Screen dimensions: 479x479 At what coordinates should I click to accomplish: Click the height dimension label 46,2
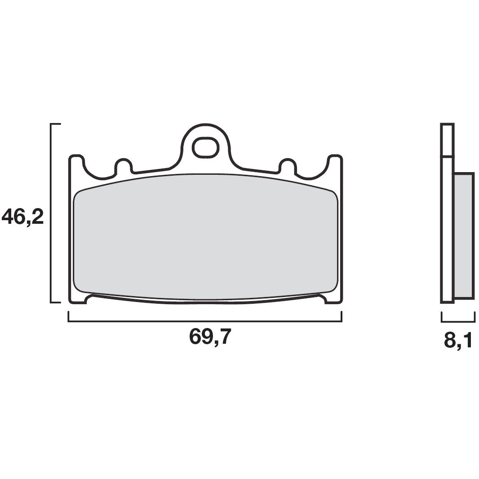pos(22,217)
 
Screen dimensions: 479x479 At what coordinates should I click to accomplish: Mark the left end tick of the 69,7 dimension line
pos(68,316)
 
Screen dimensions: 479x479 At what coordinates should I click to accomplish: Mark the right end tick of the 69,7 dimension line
pos(342,316)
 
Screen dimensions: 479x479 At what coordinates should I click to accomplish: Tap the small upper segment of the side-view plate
pos(447,140)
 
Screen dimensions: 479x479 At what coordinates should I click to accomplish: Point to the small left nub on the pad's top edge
pos(124,165)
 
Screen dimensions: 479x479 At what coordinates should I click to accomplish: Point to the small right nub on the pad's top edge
pos(287,165)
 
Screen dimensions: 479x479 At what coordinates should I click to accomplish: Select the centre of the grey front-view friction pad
pos(205,236)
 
